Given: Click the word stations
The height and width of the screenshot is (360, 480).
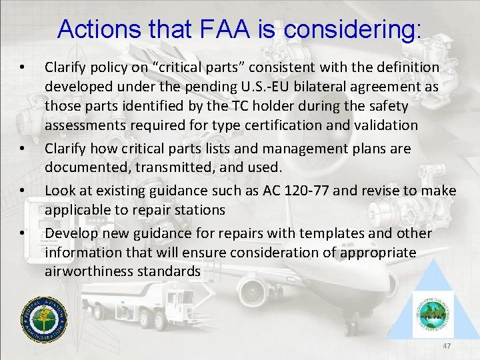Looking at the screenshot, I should coord(197,209).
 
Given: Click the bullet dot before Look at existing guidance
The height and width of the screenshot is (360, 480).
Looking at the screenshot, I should coord(22,191).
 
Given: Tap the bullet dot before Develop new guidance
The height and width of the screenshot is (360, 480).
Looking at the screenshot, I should coord(22,234).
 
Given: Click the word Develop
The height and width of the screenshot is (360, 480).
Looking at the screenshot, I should coord(70,233).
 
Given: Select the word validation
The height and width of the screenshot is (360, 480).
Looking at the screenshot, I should coord(385,125).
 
